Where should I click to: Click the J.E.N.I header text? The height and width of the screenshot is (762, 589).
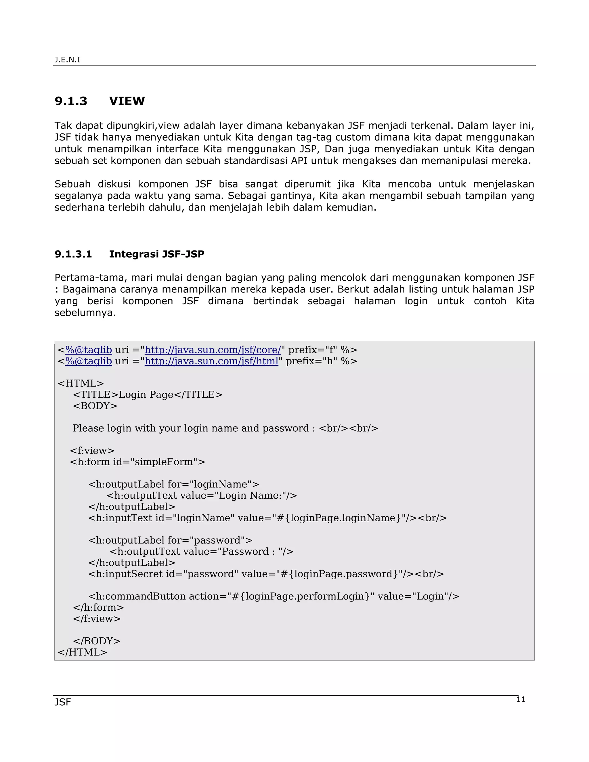point(67,60)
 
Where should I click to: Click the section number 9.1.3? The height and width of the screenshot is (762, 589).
point(71,101)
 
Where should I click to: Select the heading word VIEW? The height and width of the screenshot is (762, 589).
point(127,101)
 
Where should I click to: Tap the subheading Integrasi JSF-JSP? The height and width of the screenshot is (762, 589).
point(157,254)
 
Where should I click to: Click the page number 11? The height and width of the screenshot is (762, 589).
point(521,699)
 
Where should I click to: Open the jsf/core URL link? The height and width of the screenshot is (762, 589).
point(213,350)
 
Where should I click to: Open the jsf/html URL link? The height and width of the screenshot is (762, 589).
point(211,361)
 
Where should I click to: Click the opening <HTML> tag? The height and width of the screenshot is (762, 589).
point(81,383)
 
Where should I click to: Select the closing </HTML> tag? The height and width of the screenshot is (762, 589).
point(82,652)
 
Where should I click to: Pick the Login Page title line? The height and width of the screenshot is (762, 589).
point(148,395)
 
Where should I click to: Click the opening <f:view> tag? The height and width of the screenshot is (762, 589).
point(92,451)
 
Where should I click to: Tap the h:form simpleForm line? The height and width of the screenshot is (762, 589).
point(137,462)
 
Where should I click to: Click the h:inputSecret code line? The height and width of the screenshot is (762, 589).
point(266,574)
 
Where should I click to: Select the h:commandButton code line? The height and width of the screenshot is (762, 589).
point(274,596)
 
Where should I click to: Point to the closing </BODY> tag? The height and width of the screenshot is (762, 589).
point(97,641)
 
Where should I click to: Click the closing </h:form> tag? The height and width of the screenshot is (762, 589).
point(98,607)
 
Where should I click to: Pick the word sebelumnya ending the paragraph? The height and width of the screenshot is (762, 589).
point(85,313)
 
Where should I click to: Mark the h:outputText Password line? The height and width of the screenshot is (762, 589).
point(202,552)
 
